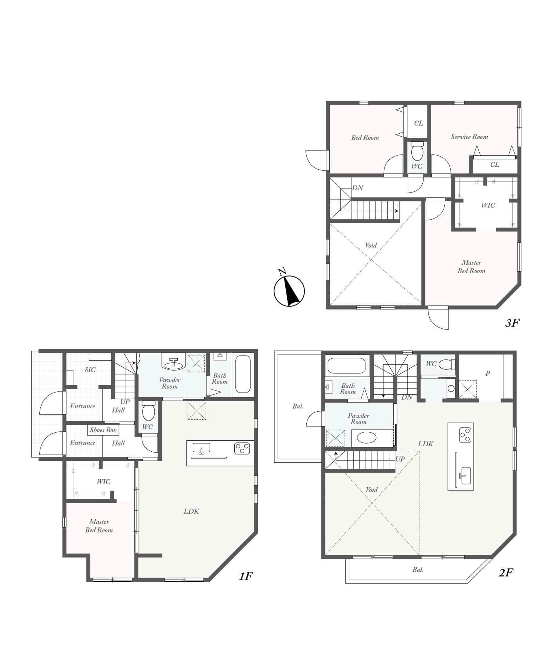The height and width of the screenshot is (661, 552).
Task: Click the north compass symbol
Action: pos(289,290)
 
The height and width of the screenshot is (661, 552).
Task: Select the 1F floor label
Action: pos(246,576)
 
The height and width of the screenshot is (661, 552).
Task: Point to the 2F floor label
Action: pos(506,572)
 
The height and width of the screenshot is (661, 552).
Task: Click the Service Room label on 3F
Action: pos(469,137)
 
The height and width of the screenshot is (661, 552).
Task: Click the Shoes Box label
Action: pos(103,430)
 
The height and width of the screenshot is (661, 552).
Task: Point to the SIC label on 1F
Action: pos(90,369)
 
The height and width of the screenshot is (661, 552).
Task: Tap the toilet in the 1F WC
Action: pos(149,411)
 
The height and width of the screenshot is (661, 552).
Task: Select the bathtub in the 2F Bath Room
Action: pos(346,365)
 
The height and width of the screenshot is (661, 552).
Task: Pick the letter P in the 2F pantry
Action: pos(488,373)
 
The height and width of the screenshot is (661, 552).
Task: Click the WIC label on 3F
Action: pos(488,205)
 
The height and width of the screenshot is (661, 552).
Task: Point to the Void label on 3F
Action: pos(371,245)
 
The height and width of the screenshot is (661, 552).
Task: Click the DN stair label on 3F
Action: pos(358,188)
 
